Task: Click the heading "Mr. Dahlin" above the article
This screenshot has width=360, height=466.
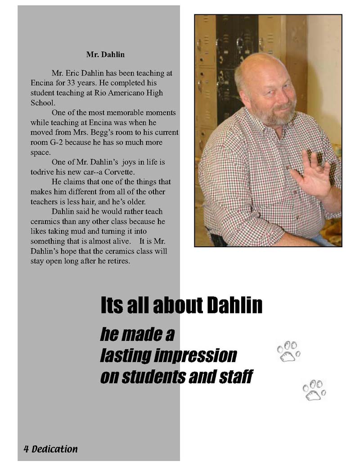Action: [105, 54]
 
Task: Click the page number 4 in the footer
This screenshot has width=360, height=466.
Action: [26, 449]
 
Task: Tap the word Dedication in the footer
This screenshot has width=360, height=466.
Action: [54, 449]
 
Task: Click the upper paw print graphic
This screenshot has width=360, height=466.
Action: [288, 351]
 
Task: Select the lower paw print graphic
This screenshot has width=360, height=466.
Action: [314, 390]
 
